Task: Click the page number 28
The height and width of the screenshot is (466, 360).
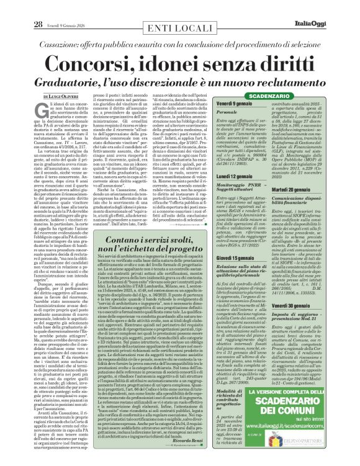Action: (20, 7)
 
